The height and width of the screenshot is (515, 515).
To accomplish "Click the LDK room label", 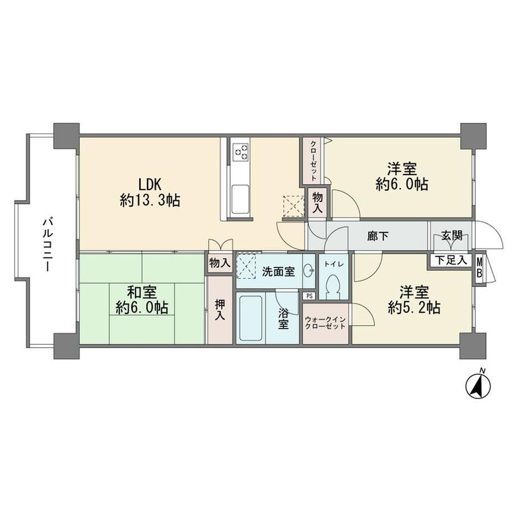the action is (x=150, y=185).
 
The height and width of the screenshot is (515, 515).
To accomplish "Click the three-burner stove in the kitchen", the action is (x=240, y=152).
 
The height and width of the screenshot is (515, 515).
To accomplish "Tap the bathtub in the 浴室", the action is (x=251, y=319).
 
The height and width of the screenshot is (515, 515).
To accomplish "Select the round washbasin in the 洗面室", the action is (x=309, y=271).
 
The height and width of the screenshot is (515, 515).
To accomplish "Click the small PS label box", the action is (x=309, y=296).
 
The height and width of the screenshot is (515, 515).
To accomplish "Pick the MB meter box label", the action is (x=479, y=268).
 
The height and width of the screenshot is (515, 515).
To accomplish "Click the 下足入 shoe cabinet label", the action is (x=451, y=260).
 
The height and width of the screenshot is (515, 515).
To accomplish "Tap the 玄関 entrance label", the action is (x=452, y=235).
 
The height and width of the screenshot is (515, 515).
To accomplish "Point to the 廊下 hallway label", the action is (x=378, y=236).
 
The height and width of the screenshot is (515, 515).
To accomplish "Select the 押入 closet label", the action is (x=220, y=310).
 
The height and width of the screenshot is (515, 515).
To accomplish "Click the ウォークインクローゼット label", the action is (x=325, y=323).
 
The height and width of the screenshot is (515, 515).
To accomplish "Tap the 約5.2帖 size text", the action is (x=414, y=308).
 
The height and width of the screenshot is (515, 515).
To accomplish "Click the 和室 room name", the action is (x=142, y=292).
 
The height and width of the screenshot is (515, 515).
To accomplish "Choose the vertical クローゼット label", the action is (x=313, y=161).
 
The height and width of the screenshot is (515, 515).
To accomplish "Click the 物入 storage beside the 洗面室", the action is (x=220, y=263).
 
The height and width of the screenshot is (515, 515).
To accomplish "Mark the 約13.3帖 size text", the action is (x=150, y=200).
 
